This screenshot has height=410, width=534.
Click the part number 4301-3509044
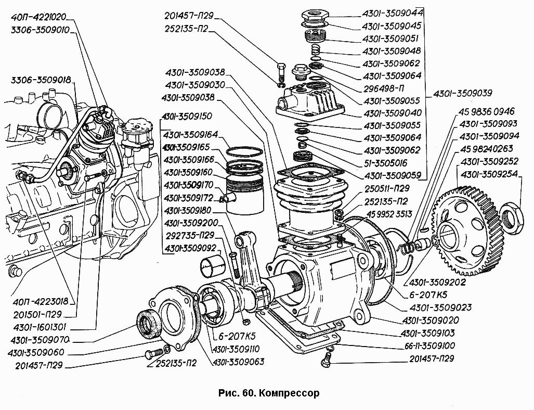point(392,14)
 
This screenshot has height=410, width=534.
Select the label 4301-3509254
point(489,174)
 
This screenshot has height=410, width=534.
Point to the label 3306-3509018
point(41,81)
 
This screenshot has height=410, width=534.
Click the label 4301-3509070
point(40,340)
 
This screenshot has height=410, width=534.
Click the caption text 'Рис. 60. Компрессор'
point(269,393)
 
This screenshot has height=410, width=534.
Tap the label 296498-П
point(384,88)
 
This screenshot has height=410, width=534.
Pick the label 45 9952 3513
point(389,214)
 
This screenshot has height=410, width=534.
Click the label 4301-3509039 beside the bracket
point(463,93)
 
